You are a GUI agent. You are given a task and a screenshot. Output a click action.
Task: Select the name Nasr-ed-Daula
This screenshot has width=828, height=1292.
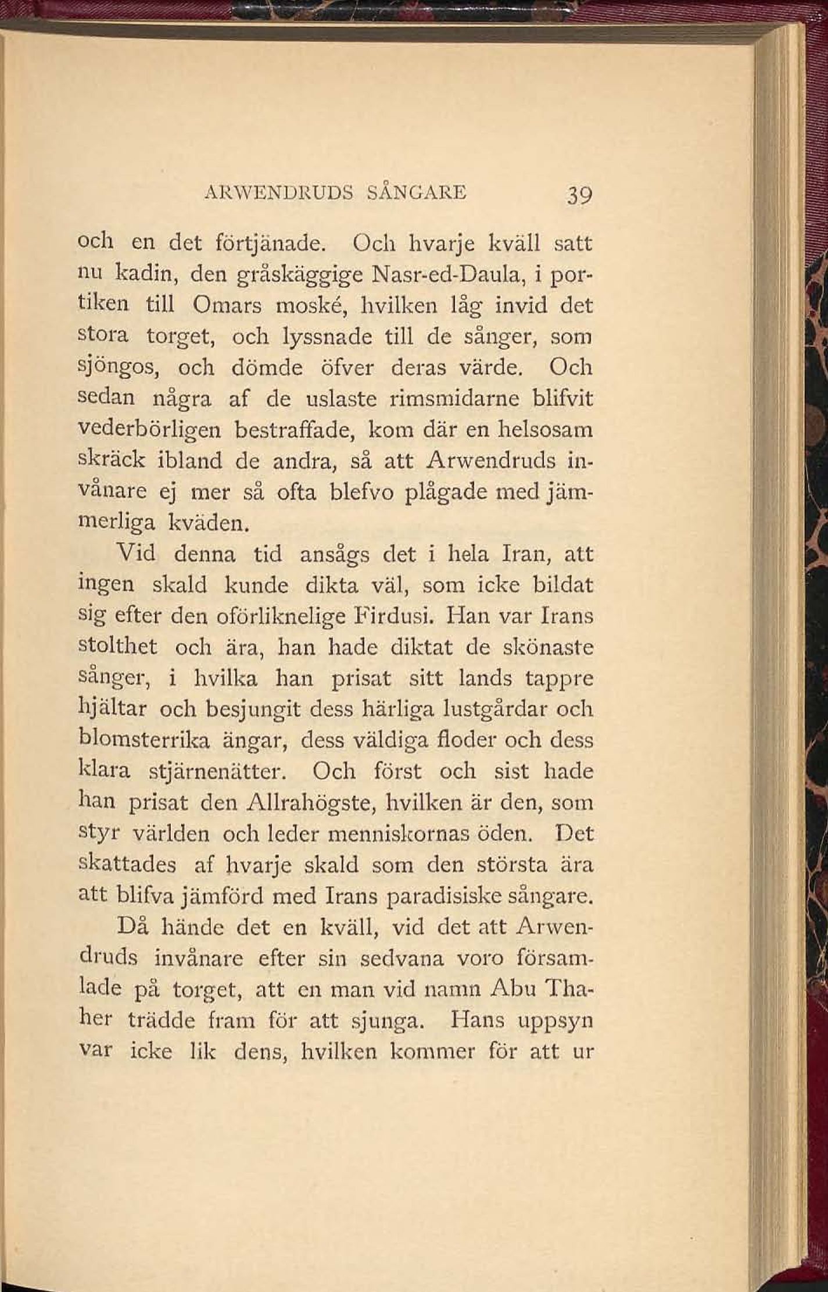click(x=449, y=274)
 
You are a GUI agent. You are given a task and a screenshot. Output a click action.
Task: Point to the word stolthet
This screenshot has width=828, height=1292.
click(x=117, y=647)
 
